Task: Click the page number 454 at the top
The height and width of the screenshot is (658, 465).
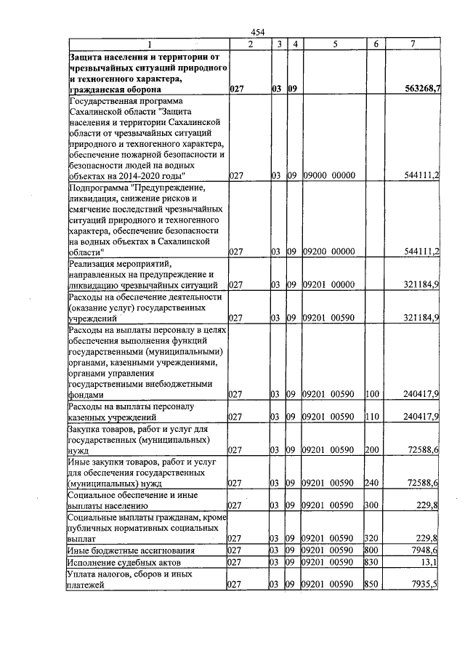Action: [x=256, y=31]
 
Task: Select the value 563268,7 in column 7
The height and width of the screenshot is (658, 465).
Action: [x=422, y=89]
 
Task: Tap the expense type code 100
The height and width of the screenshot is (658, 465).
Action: [x=373, y=394]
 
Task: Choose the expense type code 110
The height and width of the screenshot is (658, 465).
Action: [x=373, y=417]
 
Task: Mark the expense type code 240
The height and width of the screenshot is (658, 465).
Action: [x=373, y=483]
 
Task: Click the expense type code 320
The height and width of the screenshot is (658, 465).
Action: [x=373, y=538]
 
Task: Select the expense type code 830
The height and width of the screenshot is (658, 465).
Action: [x=373, y=562]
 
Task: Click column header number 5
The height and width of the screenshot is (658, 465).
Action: [x=334, y=44]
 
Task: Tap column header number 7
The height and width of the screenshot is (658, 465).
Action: [x=413, y=44]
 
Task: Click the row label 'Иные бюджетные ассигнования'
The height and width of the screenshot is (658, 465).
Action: [x=129, y=550]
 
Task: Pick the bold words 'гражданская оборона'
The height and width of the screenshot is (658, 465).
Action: [x=116, y=89]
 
